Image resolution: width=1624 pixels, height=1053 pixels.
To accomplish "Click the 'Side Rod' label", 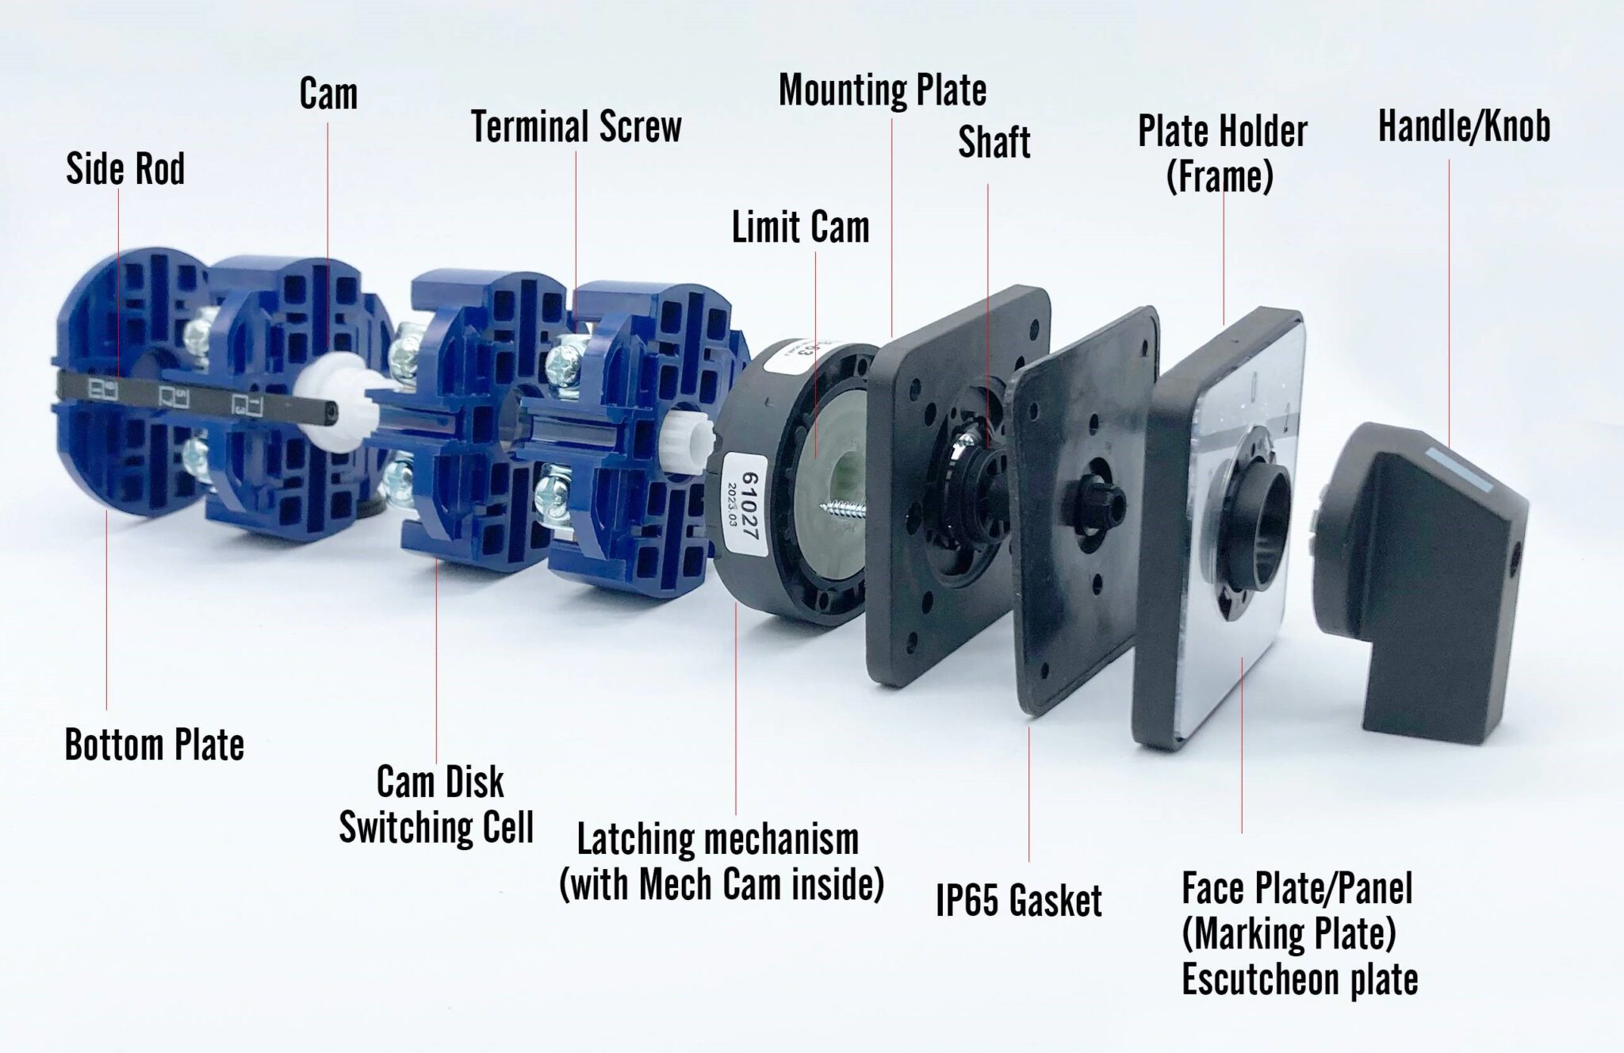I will [125, 169].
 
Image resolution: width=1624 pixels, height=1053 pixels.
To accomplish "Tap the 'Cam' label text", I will [328, 94].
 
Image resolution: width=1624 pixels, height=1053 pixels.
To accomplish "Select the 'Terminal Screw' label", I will [576, 128].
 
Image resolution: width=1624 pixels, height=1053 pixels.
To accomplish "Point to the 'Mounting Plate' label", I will [883, 90].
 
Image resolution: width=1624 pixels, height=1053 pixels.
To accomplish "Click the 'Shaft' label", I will [994, 143].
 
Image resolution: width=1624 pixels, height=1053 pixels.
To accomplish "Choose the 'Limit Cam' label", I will [800, 228].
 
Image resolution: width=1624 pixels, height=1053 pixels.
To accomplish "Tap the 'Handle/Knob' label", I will [1464, 127].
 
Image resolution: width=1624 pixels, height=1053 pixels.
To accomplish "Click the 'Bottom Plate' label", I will [155, 745].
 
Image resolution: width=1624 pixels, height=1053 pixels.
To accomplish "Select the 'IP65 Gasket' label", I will [1019, 901].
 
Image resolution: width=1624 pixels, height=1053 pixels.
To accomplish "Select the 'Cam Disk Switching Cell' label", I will [437, 805].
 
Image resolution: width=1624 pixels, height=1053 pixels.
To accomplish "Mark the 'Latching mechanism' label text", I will [718, 839].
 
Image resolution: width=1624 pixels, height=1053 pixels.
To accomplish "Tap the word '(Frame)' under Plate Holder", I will [1220, 177].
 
